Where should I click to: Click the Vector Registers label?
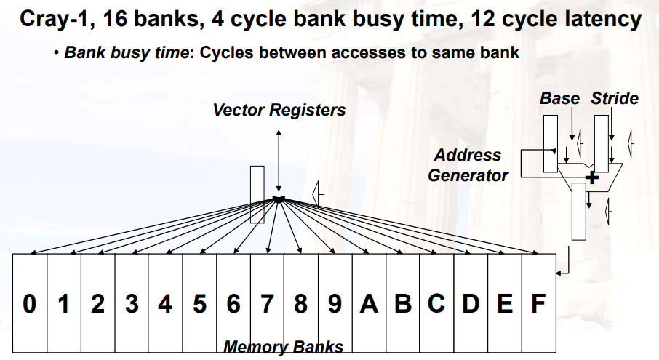(x=279, y=110)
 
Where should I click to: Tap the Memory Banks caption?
(x=283, y=347)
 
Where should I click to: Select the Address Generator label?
(x=468, y=165)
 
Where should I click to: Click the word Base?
(x=559, y=98)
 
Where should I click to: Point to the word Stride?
(x=615, y=98)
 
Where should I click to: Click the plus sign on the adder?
(x=593, y=177)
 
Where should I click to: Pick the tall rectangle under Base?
(x=550, y=143)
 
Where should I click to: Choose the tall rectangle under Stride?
(x=601, y=143)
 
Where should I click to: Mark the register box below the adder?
(x=578, y=211)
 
